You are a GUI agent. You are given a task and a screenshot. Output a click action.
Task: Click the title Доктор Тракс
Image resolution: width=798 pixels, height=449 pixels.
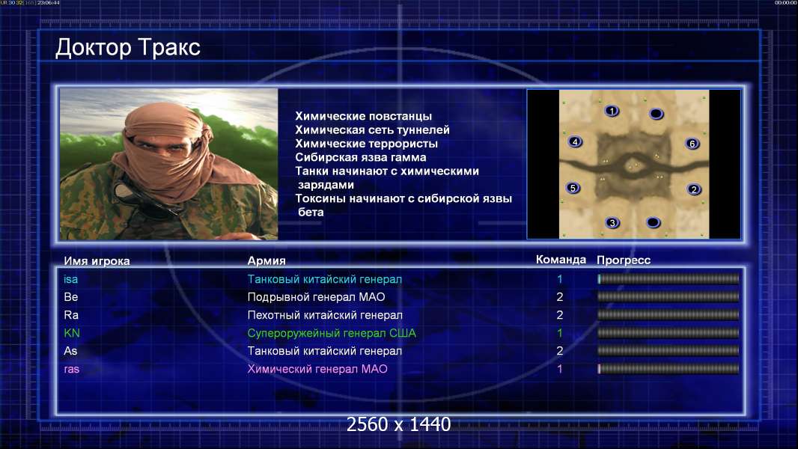point(128,48)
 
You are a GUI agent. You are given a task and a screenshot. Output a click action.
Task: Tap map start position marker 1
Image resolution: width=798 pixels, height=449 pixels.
point(612,110)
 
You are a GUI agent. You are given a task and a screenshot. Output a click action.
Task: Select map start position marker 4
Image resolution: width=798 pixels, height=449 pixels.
point(575,142)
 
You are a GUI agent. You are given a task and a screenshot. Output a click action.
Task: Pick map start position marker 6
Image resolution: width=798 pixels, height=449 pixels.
point(692,144)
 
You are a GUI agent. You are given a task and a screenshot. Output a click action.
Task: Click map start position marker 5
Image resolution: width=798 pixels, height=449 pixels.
point(573,188)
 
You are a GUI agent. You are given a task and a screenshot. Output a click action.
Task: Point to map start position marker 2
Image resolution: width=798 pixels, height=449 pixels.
point(694,189)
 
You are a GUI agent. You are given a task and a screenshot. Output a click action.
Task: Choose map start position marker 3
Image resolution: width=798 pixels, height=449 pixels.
point(612,222)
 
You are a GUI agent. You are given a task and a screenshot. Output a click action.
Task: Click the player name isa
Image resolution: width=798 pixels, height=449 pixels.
point(70,279)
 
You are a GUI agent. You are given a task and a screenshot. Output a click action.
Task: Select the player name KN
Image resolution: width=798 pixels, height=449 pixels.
point(72,333)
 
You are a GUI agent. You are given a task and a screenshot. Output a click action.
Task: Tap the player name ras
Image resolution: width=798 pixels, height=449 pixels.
point(72,369)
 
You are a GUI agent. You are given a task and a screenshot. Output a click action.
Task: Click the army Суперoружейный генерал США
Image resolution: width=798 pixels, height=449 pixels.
point(332,333)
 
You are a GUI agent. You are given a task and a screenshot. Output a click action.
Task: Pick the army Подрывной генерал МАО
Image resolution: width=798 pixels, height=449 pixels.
point(316,297)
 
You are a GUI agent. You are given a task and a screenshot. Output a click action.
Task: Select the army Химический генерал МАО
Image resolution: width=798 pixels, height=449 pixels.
point(317,369)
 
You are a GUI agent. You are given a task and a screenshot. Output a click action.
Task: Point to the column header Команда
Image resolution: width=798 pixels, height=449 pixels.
point(561,260)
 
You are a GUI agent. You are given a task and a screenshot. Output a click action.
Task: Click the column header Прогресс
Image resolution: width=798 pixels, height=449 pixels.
point(624,260)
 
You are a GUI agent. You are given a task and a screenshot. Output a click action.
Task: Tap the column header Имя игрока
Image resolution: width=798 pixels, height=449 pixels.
point(97,261)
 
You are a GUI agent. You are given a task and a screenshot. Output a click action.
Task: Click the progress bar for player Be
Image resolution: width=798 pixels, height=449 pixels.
point(668,297)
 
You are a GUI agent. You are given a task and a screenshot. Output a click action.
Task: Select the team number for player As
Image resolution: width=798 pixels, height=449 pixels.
point(560,351)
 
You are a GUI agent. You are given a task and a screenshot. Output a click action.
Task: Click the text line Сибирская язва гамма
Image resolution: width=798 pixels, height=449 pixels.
point(361,158)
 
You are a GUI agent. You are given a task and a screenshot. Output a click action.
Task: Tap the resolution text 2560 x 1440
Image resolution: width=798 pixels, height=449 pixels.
point(398,424)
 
